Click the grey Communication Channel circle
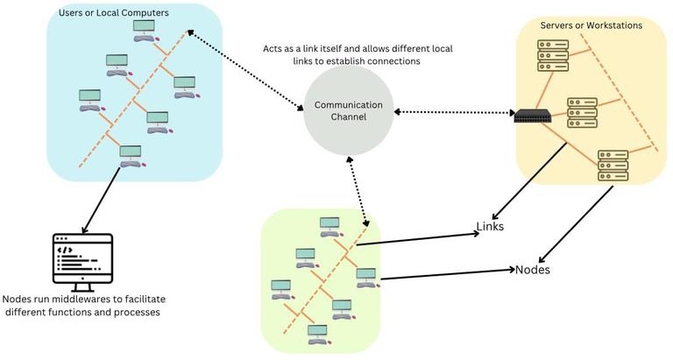[x=344, y=111]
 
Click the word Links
[x=490, y=227]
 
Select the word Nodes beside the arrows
[x=532, y=269]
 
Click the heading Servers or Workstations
[x=592, y=25]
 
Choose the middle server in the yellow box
[x=581, y=111]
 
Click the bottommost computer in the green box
[x=316, y=334]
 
